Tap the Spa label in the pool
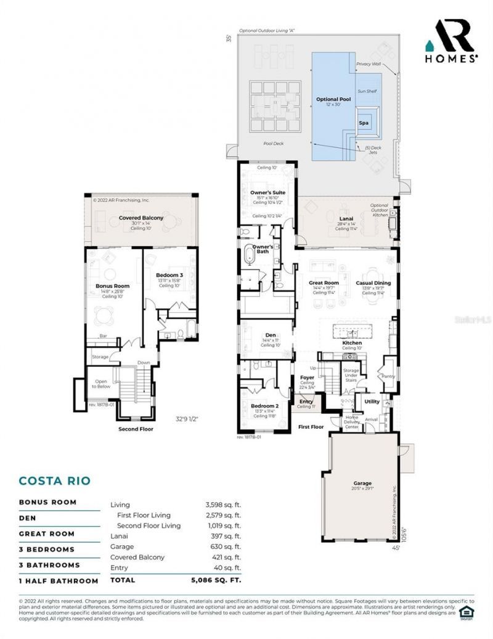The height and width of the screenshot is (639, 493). coord(364,123)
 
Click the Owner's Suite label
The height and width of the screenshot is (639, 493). coord(266,193)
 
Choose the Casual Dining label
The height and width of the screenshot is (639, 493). coord(373,282)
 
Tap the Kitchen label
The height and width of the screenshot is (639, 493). coord(352,342)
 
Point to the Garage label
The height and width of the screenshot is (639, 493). coord(363,483)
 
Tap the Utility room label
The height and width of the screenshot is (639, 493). coord(372,401)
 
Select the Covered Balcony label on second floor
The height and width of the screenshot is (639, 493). coord(141,218)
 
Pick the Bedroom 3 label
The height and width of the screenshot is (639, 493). coord(169,274)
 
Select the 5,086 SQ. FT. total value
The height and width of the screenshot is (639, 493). coord(216,580)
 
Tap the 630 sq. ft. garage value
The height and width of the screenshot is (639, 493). coord(223,546)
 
